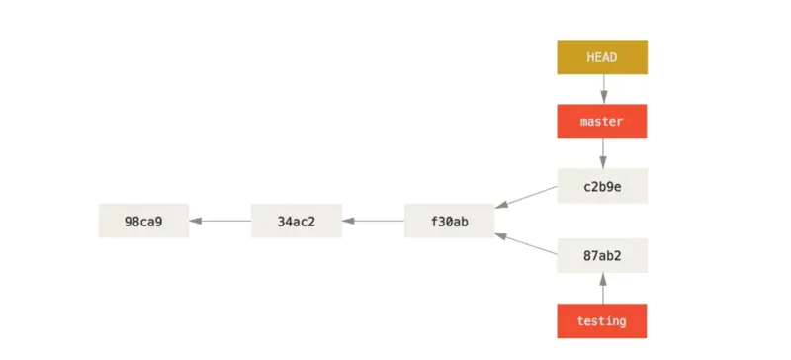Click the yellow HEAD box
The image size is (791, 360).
601,57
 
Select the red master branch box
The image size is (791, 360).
601,122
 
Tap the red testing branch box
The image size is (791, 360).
601,320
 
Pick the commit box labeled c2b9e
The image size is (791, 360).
601,186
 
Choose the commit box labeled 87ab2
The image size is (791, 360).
601,255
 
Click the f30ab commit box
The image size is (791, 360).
450,221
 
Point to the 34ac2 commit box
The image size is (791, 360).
297,221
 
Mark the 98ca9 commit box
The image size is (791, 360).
143,221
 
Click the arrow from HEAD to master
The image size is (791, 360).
601,89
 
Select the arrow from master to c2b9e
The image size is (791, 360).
601,153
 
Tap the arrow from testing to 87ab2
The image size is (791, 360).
601,288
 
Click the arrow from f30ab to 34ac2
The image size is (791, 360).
374,221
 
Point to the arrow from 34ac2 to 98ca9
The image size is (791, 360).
220,221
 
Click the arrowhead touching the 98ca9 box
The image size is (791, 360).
195,221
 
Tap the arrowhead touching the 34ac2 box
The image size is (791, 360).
348,221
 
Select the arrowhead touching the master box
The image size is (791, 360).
601,99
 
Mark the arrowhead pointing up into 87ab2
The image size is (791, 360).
601,278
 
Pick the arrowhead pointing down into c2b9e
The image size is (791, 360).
601,163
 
